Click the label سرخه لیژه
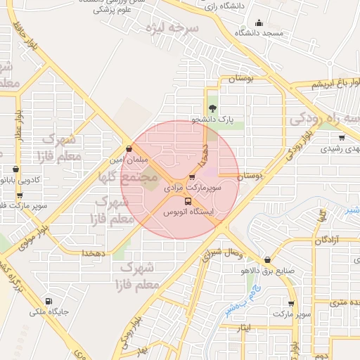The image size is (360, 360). click(x=173, y=29)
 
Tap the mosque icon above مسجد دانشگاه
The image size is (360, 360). click(x=259, y=22)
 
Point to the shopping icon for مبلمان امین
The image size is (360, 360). click(x=129, y=148)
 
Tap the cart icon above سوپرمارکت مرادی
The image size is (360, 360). click(x=192, y=177)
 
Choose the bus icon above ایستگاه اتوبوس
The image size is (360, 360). click(x=187, y=200)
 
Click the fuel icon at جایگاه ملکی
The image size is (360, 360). click(x=48, y=297)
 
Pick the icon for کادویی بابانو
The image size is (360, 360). click(x=16, y=169)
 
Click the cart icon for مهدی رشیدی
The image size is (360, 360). click(x=342, y=138)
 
